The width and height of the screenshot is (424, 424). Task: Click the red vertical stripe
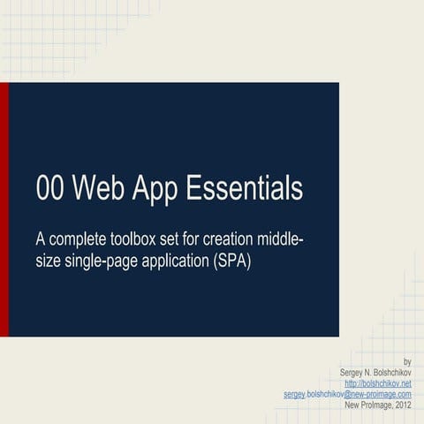4,209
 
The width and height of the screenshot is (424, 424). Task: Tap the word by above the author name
407,362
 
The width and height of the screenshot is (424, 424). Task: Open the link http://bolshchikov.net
378,383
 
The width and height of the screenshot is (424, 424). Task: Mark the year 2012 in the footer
403,405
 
